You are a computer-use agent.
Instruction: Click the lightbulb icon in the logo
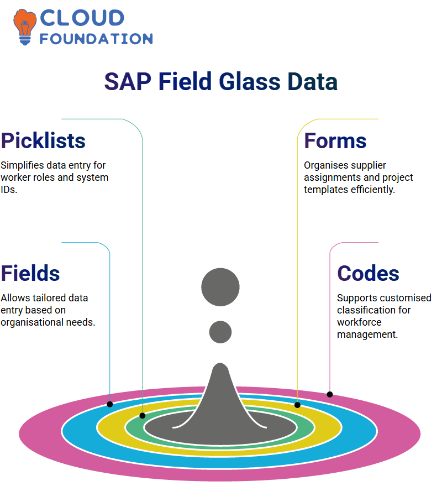25,27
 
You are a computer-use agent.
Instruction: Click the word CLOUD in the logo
82,18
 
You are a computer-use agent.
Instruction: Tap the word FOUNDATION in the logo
96,39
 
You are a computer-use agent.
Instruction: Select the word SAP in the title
128,82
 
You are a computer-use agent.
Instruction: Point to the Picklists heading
43,141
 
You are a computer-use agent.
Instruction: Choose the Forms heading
335,141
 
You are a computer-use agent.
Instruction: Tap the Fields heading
30,274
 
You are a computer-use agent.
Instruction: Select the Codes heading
369,274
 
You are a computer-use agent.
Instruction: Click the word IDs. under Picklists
9,190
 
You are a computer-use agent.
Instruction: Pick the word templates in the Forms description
326,190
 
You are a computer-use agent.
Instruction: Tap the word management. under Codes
367,335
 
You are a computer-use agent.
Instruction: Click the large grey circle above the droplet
220,288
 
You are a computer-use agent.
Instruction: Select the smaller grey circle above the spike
220,332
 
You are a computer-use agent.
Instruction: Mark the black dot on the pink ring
330,395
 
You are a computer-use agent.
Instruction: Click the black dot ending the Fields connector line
109,405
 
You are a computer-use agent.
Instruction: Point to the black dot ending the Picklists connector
143,416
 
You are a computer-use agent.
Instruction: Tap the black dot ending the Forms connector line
297,405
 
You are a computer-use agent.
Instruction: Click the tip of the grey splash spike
220,363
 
